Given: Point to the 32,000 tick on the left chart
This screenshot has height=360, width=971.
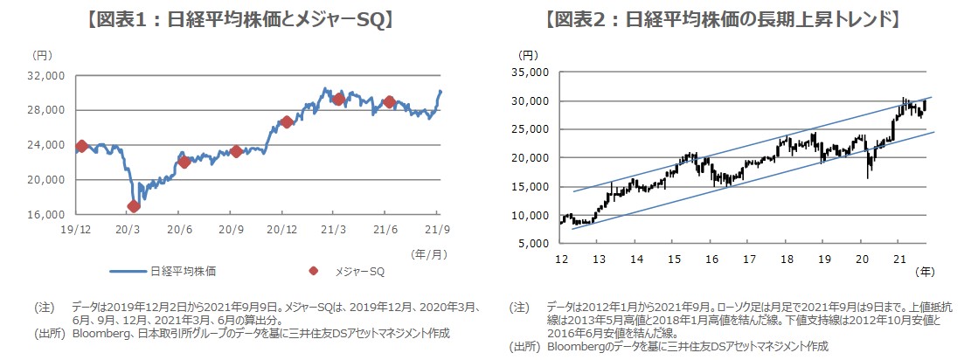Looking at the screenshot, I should [x=48, y=75].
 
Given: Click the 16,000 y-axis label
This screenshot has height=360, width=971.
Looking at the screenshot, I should [x=48, y=214].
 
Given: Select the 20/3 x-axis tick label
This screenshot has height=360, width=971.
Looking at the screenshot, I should [x=127, y=229].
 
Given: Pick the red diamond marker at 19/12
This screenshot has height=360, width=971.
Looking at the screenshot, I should [x=82, y=146].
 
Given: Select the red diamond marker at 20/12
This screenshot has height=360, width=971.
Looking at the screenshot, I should [x=286, y=121].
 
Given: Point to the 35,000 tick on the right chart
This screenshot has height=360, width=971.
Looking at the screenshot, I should [x=531, y=73].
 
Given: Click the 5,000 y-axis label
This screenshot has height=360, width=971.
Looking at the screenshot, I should [x=534, y=244].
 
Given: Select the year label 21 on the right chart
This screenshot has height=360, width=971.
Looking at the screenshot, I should [x=900, y=259].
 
